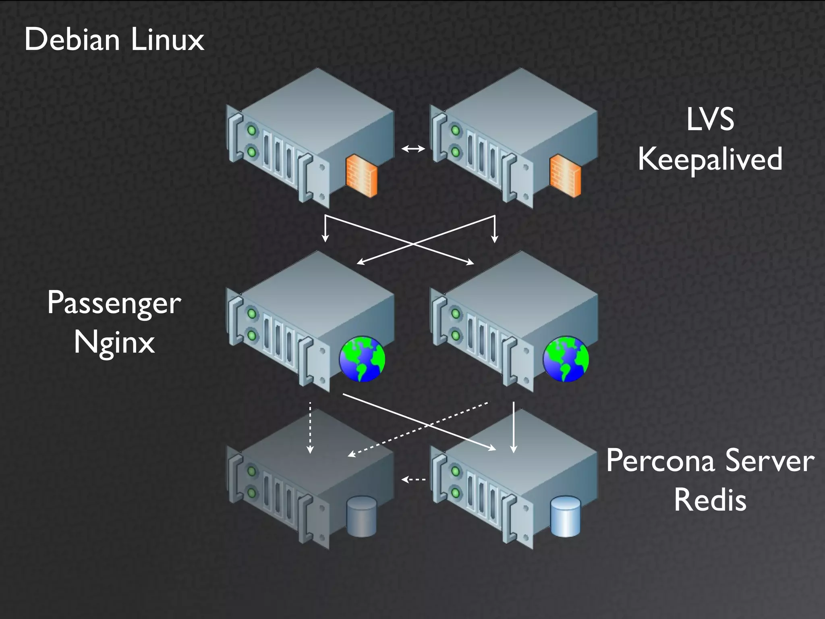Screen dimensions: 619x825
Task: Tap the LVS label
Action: point(710,119)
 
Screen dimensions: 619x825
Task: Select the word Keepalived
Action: point(710,159)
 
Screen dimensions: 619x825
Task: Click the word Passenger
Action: point(114,303)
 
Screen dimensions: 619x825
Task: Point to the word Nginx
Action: point(114,343)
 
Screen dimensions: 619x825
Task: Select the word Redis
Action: point(710,500)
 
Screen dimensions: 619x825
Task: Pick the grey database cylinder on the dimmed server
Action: point(361,517)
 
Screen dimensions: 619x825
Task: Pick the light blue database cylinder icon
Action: point(565,517)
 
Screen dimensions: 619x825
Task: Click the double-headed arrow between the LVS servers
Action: point(413,149)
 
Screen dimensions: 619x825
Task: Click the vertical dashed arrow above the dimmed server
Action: point(310,427)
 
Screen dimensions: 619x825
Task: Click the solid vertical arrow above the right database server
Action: point(514,427)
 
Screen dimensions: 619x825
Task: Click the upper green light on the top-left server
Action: point(252,131)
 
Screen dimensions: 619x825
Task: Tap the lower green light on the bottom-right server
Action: point(456,492)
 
